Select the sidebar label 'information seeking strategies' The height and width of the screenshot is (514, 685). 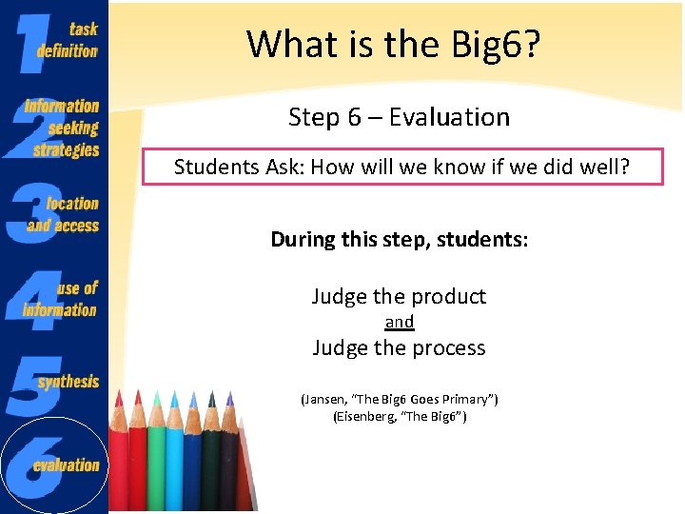tap(64, 128)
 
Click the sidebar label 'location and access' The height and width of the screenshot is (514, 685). tap(65, 214)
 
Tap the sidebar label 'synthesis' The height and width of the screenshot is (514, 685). tap(68, 382)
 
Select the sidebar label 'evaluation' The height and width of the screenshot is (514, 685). tap(67, 465)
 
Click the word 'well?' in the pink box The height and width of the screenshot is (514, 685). tap(606, 168)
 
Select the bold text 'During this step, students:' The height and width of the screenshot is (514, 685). tap(399, 239)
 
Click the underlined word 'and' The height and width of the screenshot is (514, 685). tap(399, 322)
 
